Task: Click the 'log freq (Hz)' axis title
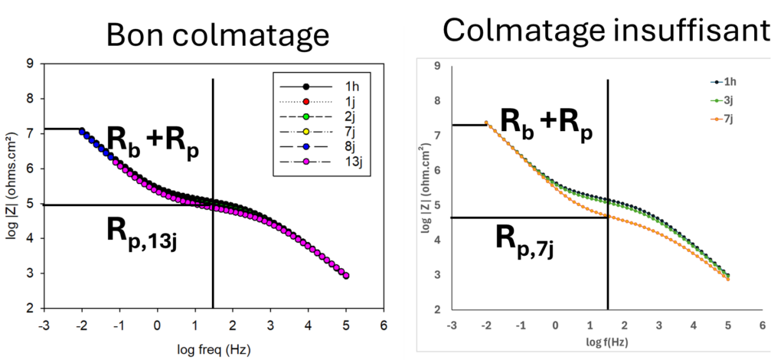[214, 351]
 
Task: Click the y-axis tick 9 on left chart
[29, 64]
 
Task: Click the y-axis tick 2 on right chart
[436, 310]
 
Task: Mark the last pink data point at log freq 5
[346, 276]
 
